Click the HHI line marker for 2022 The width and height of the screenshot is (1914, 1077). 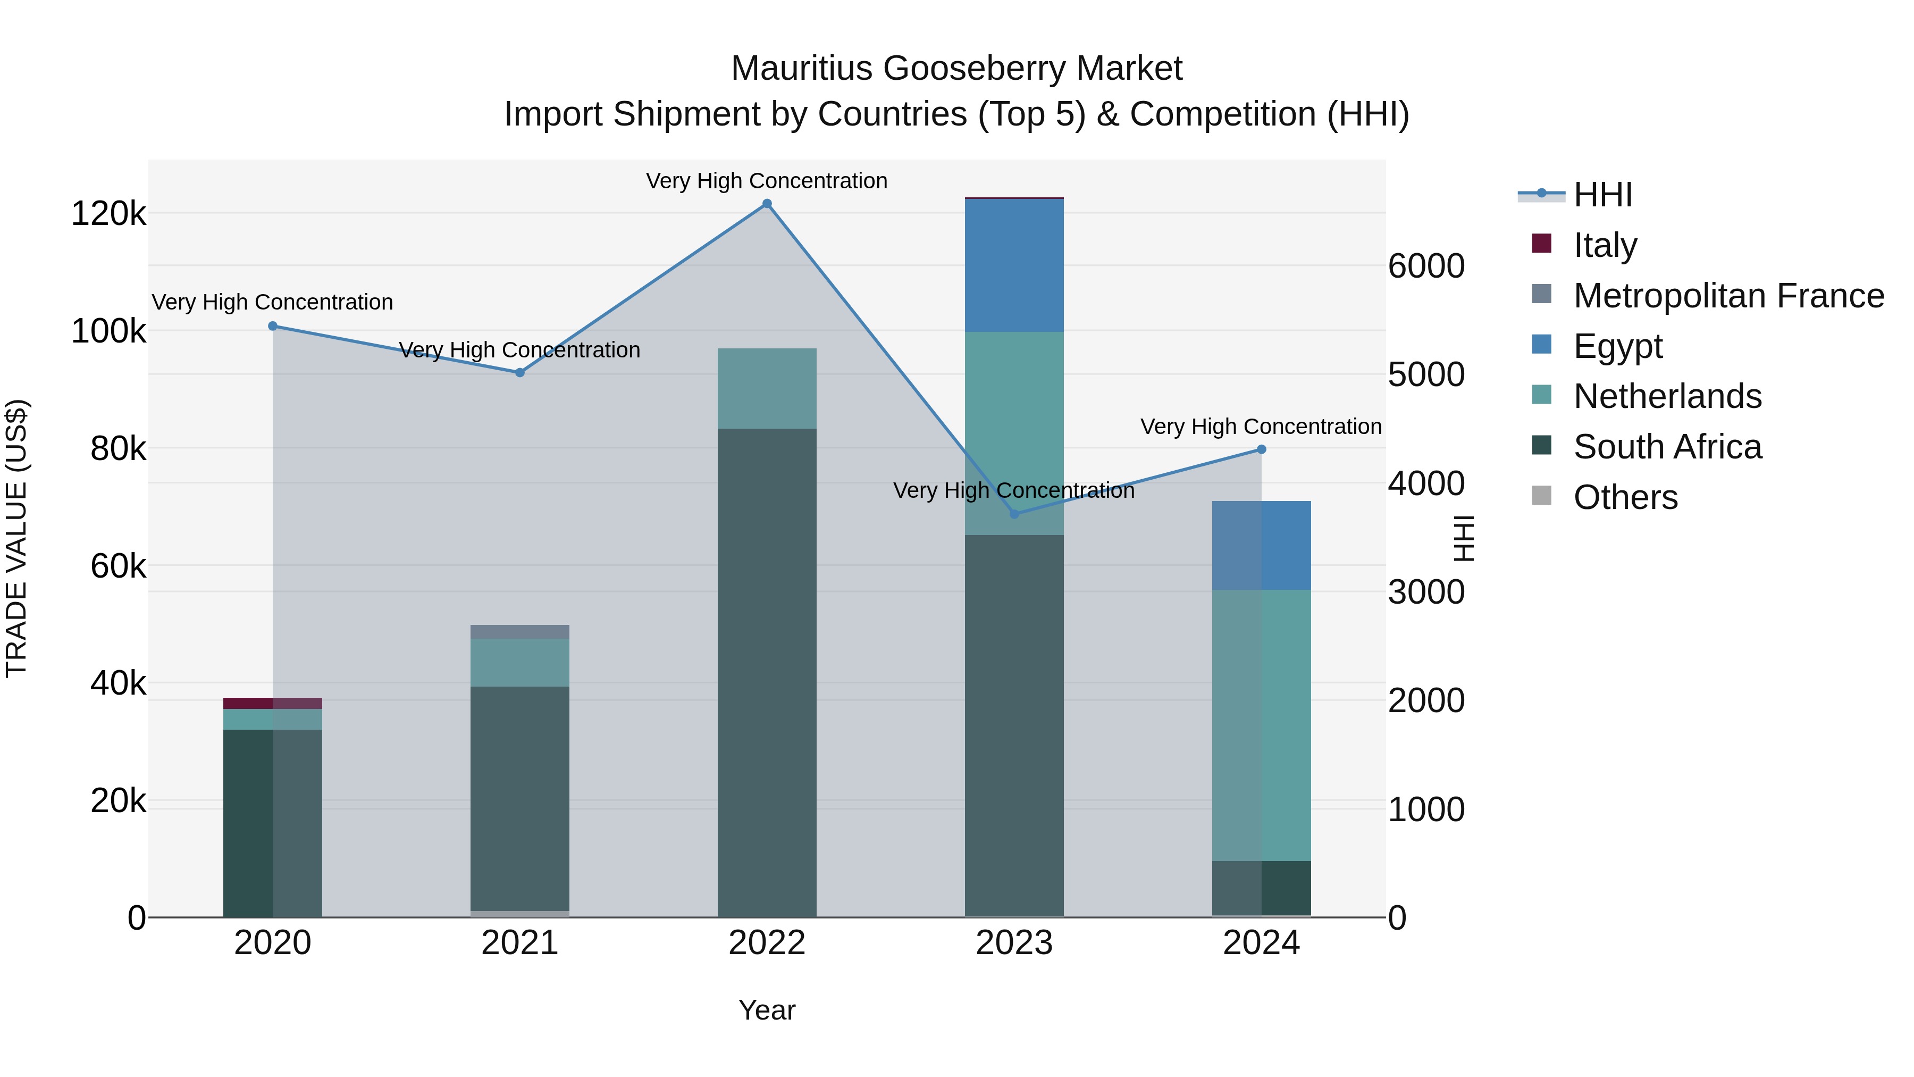pos(767,204)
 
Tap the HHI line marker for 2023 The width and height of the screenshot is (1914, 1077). pos(1014,514)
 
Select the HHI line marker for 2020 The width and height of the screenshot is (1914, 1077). pos(273,325)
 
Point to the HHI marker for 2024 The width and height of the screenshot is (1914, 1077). pos(1261,449)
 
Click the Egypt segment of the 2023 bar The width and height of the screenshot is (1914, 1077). pos(1014,265)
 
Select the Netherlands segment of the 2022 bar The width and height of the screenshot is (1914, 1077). pos(767,388)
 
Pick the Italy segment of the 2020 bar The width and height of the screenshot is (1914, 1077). pos(273,703)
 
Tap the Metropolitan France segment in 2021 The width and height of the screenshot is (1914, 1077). pos(519,632)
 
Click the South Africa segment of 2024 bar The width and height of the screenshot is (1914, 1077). pos(1261,888)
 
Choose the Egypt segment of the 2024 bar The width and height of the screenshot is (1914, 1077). pos(1261,546)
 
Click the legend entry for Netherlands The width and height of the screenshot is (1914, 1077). pos(1667,396)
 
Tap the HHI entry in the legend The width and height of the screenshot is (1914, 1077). pos(1602,195)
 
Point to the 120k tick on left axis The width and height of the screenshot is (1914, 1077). pos(108,214)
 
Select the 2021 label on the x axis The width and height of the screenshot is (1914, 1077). pos(519,943)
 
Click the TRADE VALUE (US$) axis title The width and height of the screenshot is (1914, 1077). pos(16,538)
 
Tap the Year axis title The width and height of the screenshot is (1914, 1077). pos(767,1010)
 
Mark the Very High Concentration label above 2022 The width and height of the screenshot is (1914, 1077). pos(767,181)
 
